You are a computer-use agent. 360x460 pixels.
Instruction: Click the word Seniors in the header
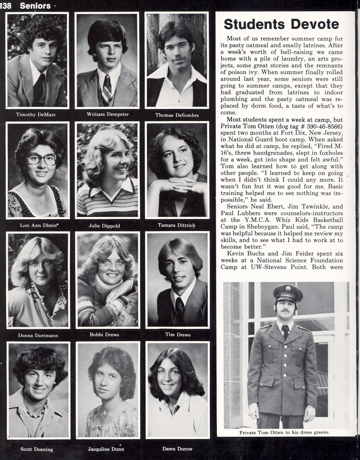(x=35, y=5)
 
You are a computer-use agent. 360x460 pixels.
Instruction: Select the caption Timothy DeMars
(x=36, y=115)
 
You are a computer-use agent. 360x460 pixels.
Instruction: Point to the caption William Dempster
(x=108, y=114)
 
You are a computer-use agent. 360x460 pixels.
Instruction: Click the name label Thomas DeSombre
(x=177, y=115)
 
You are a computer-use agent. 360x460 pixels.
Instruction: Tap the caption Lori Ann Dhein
(x=39, y=226)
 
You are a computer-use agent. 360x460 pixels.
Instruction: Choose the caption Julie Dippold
(x=104, y=226)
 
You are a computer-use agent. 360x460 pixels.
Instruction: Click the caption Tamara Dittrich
(x=176, y=225)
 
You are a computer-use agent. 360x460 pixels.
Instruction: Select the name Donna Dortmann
(x=38, y=335)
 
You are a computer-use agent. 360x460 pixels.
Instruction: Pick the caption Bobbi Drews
(x=104, y=334)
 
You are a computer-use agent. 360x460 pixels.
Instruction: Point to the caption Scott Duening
(x=37, y=449)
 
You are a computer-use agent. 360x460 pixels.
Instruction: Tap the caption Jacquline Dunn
(x=106, y=449)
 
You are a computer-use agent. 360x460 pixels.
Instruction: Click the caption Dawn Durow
(x=177, y=449)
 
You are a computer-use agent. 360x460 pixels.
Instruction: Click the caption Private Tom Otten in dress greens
(x=284, y=433)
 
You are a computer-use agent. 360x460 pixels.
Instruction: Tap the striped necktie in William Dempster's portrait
(x=107, y=90)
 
